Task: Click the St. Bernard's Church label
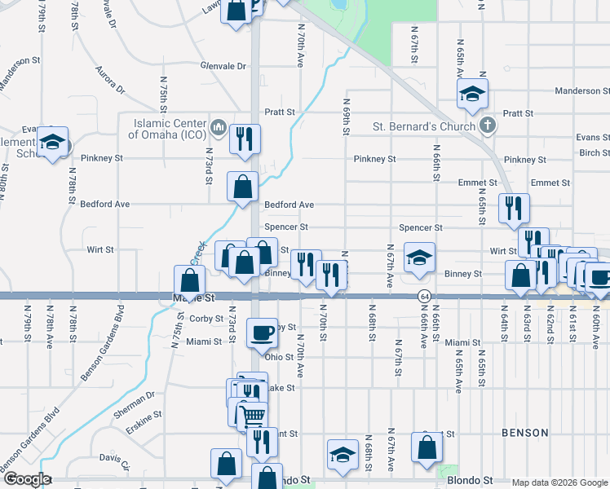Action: [424, 126]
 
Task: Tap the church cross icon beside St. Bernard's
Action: [487, 126]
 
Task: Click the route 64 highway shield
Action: [424, 295]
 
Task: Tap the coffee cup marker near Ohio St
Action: [262, 333]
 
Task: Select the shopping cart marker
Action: [254, 416]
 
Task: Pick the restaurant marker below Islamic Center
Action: [244, 139]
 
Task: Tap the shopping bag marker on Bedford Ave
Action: [244, 187]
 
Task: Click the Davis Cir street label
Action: [115, 462]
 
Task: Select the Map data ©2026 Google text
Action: [559, 482]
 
